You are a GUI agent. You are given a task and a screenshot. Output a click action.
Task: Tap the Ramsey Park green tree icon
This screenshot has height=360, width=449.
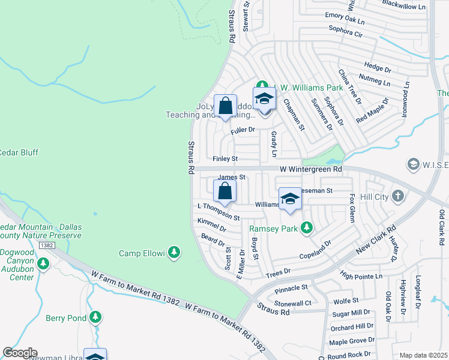(307, 228)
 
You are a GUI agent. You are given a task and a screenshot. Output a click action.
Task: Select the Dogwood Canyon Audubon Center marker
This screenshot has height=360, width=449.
(43, 263)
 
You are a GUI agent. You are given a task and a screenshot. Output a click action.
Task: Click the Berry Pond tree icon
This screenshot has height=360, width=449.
(95, 316)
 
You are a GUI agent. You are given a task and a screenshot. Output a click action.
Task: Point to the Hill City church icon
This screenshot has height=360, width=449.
(397, 196)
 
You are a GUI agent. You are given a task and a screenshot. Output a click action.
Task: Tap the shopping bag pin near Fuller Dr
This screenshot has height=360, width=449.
(226, 107)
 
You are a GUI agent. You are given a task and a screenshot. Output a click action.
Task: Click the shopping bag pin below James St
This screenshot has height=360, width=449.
(225, 192)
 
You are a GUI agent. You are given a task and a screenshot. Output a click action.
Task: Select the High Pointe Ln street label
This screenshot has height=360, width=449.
(361, 276)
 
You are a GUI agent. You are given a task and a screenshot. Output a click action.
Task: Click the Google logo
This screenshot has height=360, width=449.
(19, 353)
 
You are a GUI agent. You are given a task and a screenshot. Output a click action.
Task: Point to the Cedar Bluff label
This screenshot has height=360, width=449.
(18, 152)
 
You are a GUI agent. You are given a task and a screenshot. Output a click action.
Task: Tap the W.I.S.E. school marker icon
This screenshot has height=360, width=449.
(412, 164)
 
